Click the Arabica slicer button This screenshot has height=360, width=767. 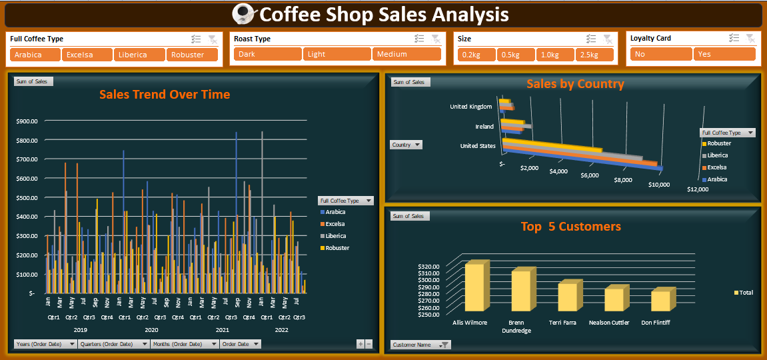tap(35, 55)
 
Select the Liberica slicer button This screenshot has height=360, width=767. tap(139, 55)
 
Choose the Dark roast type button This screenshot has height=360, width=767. tap(268, 54)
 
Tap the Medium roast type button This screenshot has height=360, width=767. tap(406, 54)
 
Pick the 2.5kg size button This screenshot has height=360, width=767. tap(594, 55)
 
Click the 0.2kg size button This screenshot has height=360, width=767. tap(476, 55)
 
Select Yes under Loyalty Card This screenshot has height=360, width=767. tap(724, 54)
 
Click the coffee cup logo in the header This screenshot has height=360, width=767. tap(245, 14)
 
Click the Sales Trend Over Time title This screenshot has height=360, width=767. tap(165, 95)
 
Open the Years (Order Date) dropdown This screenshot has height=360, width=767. tap(45, 344)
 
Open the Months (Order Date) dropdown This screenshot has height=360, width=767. tap(185, 344)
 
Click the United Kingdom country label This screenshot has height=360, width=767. tap(472, 106)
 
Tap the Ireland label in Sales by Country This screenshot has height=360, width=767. tap(484, 127)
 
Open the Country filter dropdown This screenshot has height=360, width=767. tap(406, 145)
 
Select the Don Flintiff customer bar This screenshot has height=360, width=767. tap(663, 299)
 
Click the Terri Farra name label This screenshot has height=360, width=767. tap(562, 323)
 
